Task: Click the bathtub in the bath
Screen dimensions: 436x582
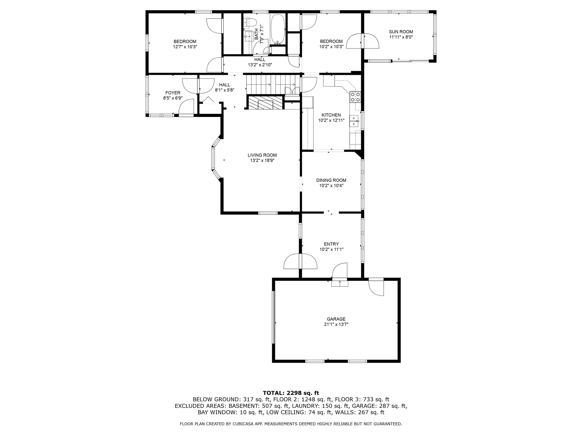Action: pos(278,29)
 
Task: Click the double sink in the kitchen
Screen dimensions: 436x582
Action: pos(354,121)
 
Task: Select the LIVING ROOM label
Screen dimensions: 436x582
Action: pos(262,155)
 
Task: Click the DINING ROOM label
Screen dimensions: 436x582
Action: pos(331,180)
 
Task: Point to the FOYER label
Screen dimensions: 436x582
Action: pos(173,93)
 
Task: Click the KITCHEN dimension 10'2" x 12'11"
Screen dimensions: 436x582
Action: pos(331,120)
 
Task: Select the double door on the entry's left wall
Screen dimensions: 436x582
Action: pos(300,261)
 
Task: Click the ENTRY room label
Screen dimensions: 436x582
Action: pos(331,244)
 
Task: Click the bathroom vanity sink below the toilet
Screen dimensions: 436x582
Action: pos(248,37)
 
